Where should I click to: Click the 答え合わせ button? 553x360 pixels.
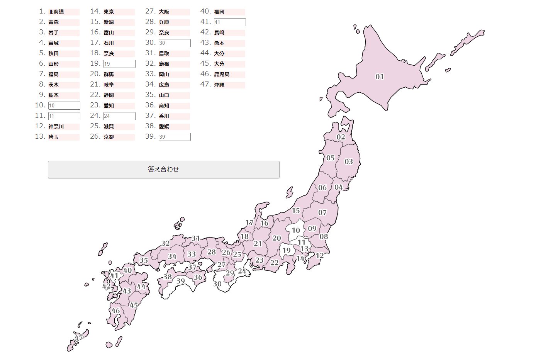click(163, 170)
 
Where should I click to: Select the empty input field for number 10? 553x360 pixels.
click(64, 105)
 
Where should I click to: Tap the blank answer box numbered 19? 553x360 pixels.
click(119, 64)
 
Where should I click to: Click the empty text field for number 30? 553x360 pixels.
click(175, 43)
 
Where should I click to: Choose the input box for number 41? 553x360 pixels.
click(230, 22)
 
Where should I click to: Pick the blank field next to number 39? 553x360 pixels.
click(175, 137)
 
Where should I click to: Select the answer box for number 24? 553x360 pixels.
click(119, 116)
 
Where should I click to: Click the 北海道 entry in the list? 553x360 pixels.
click(56, 12)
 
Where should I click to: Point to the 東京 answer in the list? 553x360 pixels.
click(109, 12)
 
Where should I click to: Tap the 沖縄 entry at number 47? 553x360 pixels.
click(219, 85)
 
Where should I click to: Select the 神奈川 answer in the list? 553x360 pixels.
click(56, 126)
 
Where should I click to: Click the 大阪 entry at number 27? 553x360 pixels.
click(164, 12)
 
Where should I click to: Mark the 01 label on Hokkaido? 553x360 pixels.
click(380, 77)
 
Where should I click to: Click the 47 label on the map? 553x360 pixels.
click(79, 338)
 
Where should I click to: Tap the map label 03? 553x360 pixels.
click(349, 161)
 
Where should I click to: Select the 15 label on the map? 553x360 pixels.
click(296, 211)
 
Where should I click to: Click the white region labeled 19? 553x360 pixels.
click(286, 250)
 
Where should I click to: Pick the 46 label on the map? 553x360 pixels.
click(115, 311)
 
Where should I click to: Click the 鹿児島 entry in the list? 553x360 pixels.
click(222, 74)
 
